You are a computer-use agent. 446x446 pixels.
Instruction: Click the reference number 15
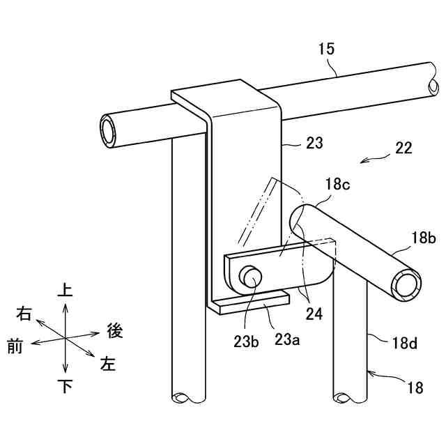pyautogui.click(x=327, y=49)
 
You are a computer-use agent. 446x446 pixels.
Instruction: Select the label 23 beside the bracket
pyautogui.click(x=314, y=144)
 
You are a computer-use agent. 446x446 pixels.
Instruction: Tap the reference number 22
pyautogui.click(x=403, y=148)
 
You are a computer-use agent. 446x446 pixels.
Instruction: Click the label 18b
pyautogui.click(x=423, y=238)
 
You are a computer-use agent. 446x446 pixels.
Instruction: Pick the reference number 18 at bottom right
pyautogui.click(x=415, y=389)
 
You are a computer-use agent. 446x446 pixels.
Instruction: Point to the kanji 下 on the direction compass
pyautogui.click(x=65, y=387)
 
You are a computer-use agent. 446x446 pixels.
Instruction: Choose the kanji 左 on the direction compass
pyautogui.click(x=108, y=363)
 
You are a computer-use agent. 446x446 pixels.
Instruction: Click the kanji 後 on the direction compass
pyautogui.click(x=115, y=330)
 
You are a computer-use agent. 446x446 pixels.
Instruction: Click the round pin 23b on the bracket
pyautogui.click(x=251, y=277)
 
